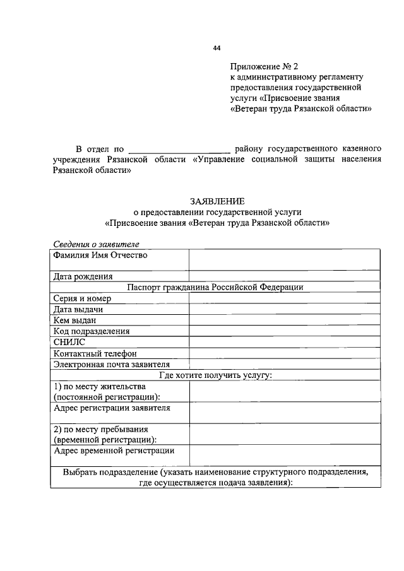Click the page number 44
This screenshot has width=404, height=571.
click(x=217, y=49)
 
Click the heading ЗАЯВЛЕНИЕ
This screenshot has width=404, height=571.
click(x=217, y=200)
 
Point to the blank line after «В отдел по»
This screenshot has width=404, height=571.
click(x=179, y=150)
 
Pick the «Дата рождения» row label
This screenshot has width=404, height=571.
click(x=83, y=276)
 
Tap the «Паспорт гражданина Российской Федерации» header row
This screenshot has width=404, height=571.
click(x=215, y=287)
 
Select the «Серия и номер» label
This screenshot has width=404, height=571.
click(x=83, y=298)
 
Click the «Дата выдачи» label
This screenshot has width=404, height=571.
click(x=78, y=310)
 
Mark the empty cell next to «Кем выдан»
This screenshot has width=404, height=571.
click(x=284, y=321)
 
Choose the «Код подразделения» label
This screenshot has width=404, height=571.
click(x=92, y=331)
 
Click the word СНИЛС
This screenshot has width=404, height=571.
click(x=70, y=343)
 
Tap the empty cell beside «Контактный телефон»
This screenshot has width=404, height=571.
click(x=284, y=353)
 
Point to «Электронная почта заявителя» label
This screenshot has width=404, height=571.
click(x=112, y=364)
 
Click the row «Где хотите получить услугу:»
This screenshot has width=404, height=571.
click(x=215, y=375)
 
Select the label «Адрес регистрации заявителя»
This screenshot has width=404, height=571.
click(x=112, y=408)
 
